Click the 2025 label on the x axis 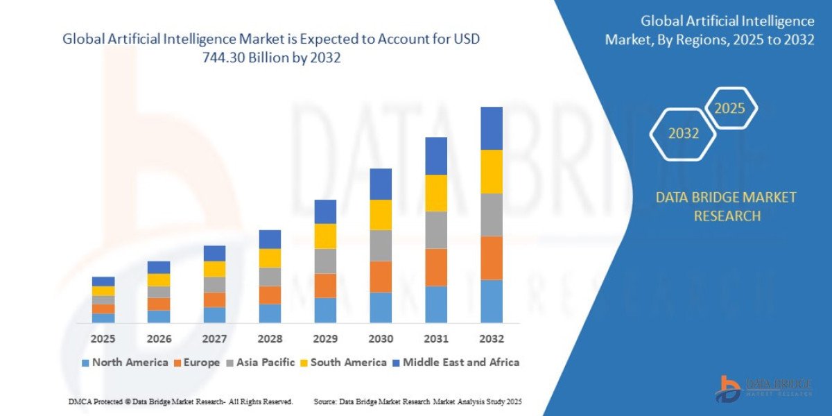click(x=103, y=339)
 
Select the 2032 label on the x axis click(x=491, y=339)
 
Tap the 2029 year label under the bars click(x=325, y=339)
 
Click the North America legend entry click(x=125, y=362)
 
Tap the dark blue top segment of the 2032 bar click(x=491, y=128)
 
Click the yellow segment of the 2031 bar click(x=436, y=193)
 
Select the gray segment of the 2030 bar click(x=381, y=245)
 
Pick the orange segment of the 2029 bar click(x=325, y=286)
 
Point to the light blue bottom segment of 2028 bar click(x=270, y=313)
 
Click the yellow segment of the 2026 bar click(x=159, y=280)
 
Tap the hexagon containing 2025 click(x=729, y=108)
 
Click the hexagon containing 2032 click(x=683, y=134)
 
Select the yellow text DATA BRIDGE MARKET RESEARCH click(x=726, y=207)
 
